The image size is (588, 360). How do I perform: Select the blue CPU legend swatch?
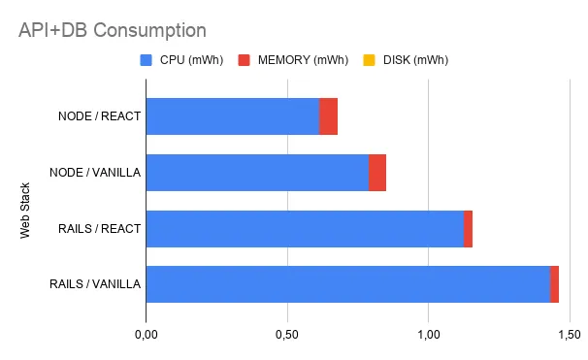pyautogui.click(x=146, y=60)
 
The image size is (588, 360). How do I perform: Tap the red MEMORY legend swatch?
pyautogui.click(x=243, y=60)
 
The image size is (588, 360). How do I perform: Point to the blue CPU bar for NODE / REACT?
pyautogui.click(x=232, y=116)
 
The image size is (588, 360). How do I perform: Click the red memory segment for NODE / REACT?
pyautogui.click(x=328, y=116)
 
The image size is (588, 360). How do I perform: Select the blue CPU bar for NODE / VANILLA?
pyautogui.click(x=257, y=173)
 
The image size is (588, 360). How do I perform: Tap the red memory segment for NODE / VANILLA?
pyautogui.click(x=377, y=173)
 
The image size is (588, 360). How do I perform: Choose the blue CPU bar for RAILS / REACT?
pyautogui.click(x=305, y=228)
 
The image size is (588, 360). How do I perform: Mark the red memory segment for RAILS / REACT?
pyautogui.click(x=468, y=228)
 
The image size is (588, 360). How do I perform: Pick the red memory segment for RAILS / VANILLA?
pyautogui.click(x=554, y=284)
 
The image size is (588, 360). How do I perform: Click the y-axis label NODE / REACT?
pyautogui.click(x=100, y=117)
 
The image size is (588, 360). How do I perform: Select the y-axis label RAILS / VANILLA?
pyautogui.click(x=95, y=285)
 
